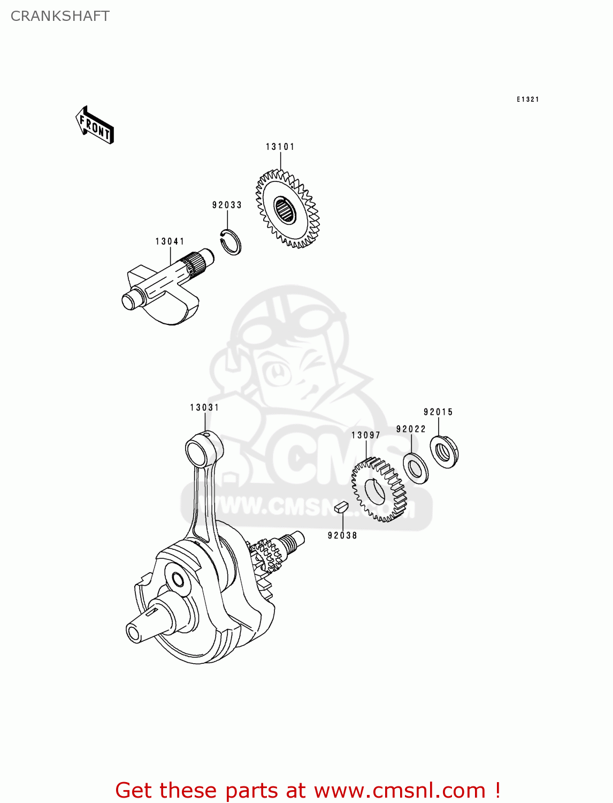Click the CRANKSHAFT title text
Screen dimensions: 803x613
pyautogui.click(x=60, y=16)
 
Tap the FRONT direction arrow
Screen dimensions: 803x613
pyautogui.click(x=95, y=126)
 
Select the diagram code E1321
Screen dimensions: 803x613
pyautogui.click(x=527, y=99)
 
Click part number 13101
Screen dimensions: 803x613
pyautogui.click(x=280, y=147)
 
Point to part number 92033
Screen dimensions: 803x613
pyautogui.click(x=227, y=205)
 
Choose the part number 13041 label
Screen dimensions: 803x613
pyautogui.click(x=170, y=241)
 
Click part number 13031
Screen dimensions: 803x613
pyautogui.click(x=204, y=407)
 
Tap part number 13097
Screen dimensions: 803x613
pyautogui.click(x=366, y=435)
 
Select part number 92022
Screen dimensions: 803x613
pyautogui.click(x=411, y=429)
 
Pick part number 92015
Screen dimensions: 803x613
pyautogui.click(x=438, y=412)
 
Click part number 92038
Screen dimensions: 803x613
pyautogui.click(x=342, y=535)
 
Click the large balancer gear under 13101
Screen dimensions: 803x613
pyautogui.click(x=286, y=209)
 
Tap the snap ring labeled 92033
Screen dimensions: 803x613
pyautogui.click(x=232, y=242)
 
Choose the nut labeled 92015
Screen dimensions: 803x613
pyautogui.click(x=444, y=452)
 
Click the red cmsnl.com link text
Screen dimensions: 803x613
pyautogui.click(x=308, y=790)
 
